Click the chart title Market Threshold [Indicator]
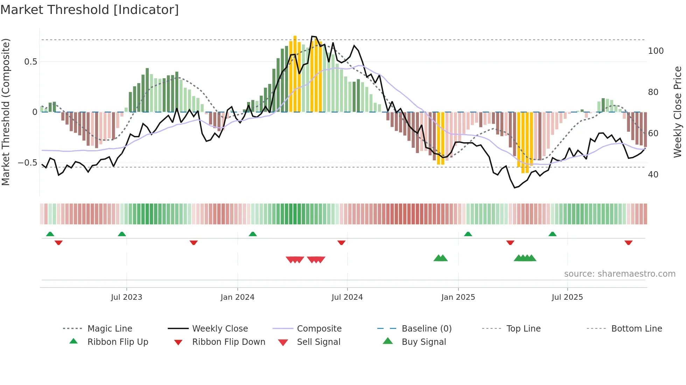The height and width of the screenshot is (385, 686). (90, 10)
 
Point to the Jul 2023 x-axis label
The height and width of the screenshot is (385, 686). (126, 297)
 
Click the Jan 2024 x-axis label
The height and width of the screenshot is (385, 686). (237, 297)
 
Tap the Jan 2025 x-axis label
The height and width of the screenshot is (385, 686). (458, 297)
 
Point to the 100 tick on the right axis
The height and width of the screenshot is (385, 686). (656, 51)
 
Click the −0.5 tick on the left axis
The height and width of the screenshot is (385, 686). (27, 163)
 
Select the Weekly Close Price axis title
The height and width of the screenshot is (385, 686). (678, 112)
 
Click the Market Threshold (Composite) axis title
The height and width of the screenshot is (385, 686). (6, 112)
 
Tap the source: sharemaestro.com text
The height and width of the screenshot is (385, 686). (619, 274)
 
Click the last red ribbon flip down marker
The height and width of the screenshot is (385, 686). (628, 242)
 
